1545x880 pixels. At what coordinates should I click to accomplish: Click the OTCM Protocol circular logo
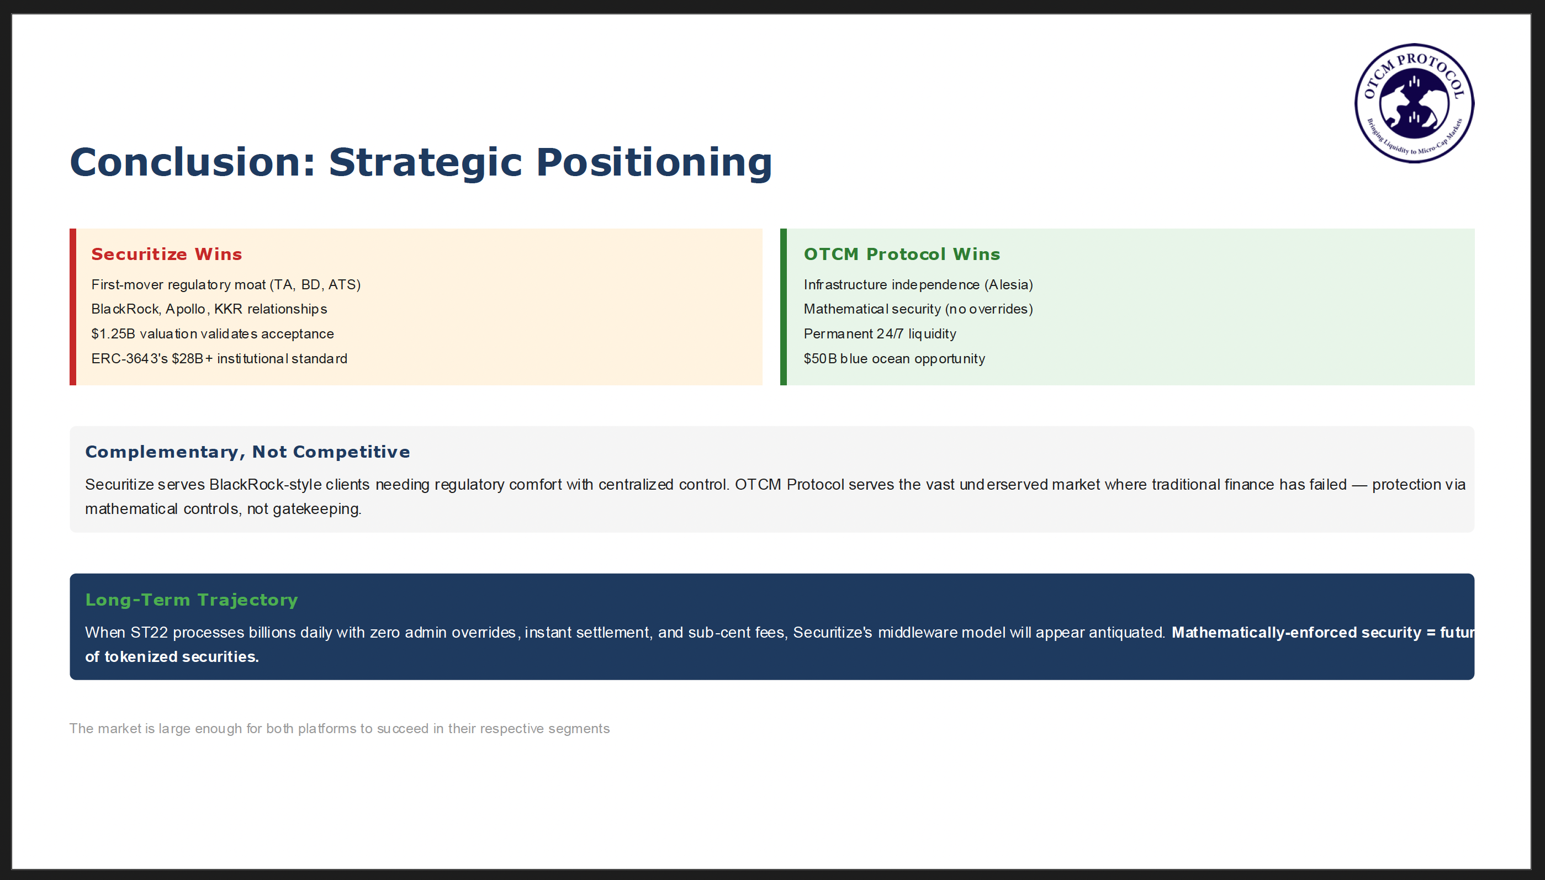pyautogui.click(x=1414, y=103)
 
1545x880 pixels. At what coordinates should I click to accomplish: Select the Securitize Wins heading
pyautogui.click(x=166, y=254)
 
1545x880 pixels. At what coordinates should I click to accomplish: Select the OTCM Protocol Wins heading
pyautogui.click(x=901, y=254)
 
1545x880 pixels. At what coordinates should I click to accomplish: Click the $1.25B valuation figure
pyautogui.click(x=113, y=333)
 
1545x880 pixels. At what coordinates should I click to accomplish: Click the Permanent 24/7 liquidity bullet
pyautogui.click(x=880, y=333)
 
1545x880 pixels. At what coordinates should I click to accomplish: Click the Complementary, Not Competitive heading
pyautogui.click(x=247, y=452)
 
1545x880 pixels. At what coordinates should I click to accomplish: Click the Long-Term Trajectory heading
pyautogui.click(x=192, y=600)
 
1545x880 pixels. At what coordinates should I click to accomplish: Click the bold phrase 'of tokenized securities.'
pyautogui.click(x=172, y=656)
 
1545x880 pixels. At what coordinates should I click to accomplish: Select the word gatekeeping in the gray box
pyautogui.click(x=317, y=509)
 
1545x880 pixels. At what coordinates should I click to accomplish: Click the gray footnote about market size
pyautogui.click(x=339, y=728)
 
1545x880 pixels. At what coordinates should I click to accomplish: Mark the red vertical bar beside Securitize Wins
pyautogui.click(x=72, y=306)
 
